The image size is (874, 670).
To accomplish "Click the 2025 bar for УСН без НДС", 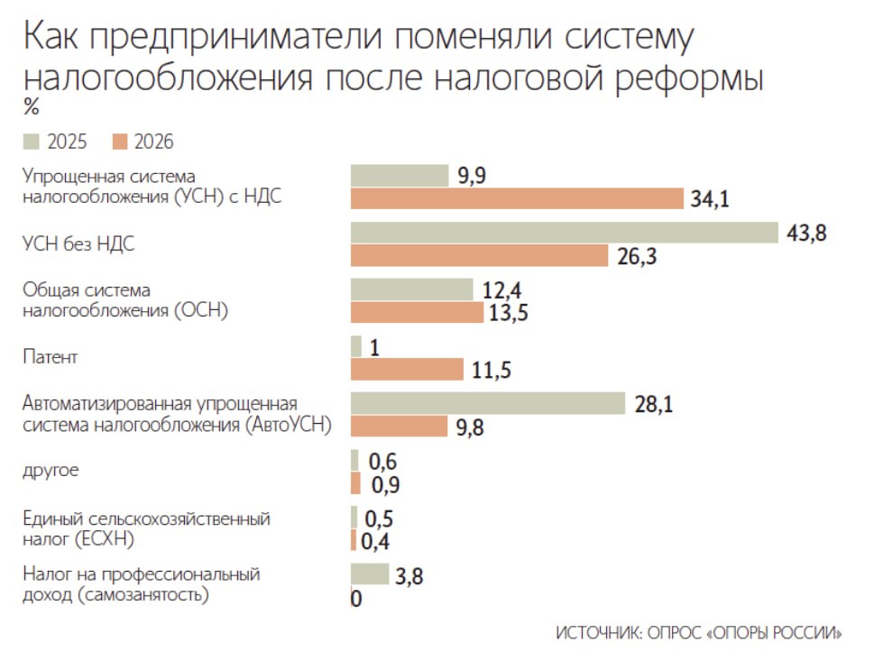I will (x=564, y=233).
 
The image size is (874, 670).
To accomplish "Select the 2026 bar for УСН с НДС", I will (x=517, y=198).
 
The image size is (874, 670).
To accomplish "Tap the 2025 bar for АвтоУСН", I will (x=487, y=403).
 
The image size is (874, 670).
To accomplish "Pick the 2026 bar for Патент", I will (x=406, y=369).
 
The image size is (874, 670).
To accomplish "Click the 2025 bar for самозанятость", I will (x=369, y=574).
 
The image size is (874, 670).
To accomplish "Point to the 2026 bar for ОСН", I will (x=417, y=312).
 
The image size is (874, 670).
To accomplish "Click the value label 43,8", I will (x=806, y=233).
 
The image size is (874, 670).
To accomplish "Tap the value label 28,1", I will (x=654, y=404).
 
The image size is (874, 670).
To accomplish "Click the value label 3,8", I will (x=409, y=575).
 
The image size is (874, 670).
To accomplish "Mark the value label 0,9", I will (x=385, y=484).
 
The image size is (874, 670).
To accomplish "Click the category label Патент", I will (x=50, y=357).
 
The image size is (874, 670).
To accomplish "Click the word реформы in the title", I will (x=690, y=78).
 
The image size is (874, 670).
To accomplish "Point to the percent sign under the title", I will (x=32, y=107).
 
